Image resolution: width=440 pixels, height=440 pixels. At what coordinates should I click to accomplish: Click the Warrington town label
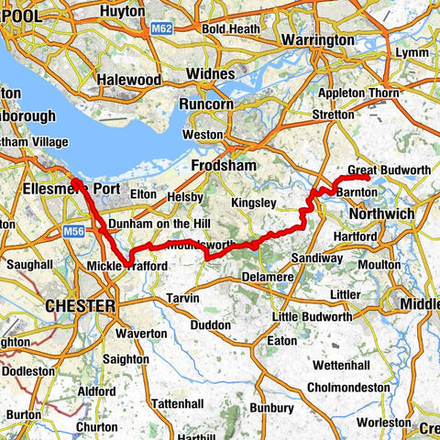[x=317, y=40]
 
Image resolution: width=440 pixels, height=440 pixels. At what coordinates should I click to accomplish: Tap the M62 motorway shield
[x=160, y=28]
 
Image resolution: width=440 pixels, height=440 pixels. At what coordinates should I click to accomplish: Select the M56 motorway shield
[x=75, y=235]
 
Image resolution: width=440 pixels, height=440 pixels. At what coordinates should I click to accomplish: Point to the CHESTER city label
[x=82, y=305]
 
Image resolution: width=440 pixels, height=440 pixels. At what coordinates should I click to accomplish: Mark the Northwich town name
[x=381, y=213]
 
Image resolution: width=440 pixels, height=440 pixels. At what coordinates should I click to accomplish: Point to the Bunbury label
[x=271, y=407]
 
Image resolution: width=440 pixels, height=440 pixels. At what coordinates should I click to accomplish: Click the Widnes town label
[x=211, y=72]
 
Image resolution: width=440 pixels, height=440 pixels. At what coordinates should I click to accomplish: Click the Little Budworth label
[x=313, y=316]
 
